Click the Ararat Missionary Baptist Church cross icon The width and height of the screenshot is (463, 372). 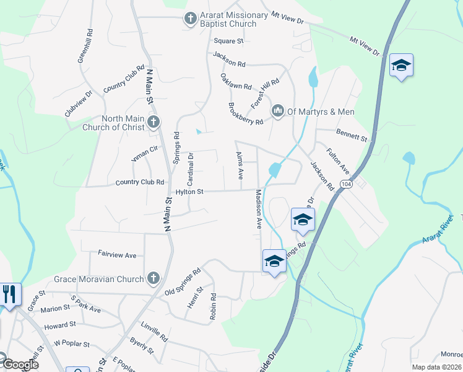click(191, 19)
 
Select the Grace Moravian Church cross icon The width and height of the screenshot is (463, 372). click(154, 278)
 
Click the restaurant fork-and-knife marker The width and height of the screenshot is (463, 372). click(8, 294)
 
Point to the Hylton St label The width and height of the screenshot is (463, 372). click(189, 192)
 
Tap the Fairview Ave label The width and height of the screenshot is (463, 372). click(117, 255)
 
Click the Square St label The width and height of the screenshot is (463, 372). click(228, 41)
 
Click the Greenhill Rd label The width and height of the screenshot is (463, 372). click(85, 46)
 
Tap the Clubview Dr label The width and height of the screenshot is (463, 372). click(79, 104)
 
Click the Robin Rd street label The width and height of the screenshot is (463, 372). click(213, 307)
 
